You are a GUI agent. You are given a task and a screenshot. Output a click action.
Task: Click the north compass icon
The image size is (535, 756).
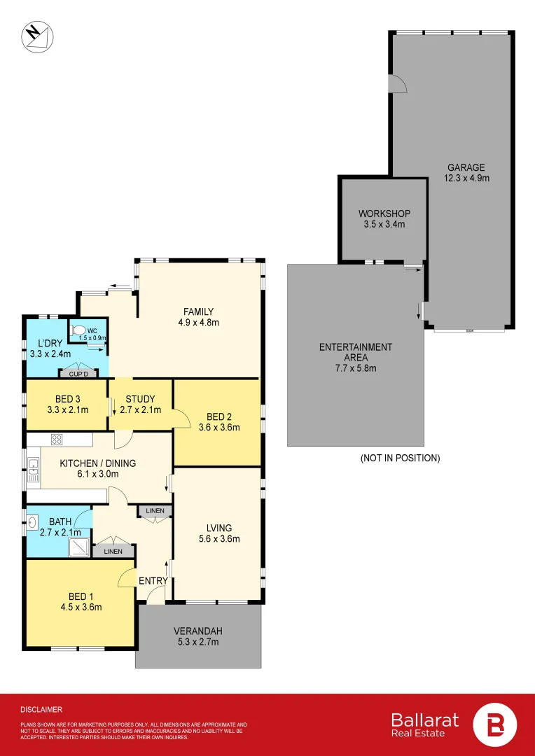(34, 37)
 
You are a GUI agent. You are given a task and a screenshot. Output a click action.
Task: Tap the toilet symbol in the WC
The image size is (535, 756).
(78, 330)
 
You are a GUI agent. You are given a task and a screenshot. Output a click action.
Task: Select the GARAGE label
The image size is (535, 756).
(466, 168)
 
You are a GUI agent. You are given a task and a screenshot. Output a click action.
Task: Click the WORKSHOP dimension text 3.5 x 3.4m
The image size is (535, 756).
(384, 225)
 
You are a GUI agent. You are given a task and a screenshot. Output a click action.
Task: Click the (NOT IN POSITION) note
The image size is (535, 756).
(400, 458)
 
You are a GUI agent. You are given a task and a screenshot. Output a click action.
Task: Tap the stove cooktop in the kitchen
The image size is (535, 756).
(57, 440)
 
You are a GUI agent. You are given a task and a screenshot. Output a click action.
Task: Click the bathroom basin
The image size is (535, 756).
(32, 521)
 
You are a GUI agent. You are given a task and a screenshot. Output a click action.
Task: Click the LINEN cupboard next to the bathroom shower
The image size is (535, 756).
(113, 551)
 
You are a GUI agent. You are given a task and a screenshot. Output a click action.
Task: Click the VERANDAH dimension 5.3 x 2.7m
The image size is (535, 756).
(197, 642)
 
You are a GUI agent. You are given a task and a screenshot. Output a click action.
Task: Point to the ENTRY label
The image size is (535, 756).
(153, 581)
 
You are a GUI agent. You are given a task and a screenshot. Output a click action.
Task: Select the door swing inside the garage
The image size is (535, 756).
(397, 83)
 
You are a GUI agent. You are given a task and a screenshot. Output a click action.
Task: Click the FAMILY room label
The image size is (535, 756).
(198, 311)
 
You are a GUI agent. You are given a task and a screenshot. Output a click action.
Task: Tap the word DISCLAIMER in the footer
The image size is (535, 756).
(41, 709)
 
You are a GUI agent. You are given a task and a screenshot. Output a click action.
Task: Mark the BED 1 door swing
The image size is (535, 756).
(127, 577)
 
